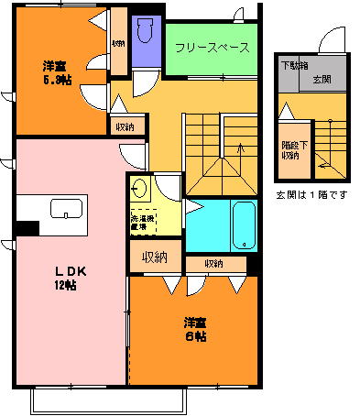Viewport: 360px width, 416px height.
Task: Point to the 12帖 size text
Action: (x=62, y=285)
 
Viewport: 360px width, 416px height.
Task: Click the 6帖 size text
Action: (x=194, y=336)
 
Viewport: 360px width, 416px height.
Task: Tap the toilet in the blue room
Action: (x=144, y=35)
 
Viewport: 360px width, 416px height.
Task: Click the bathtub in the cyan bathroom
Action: (x=243, y=224)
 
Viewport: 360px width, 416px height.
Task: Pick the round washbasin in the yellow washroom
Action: (x=140, y=190)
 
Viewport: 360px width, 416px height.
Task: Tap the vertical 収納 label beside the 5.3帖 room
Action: (x=118, y=43)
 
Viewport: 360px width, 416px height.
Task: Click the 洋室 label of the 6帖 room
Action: (x=193, y=323)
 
